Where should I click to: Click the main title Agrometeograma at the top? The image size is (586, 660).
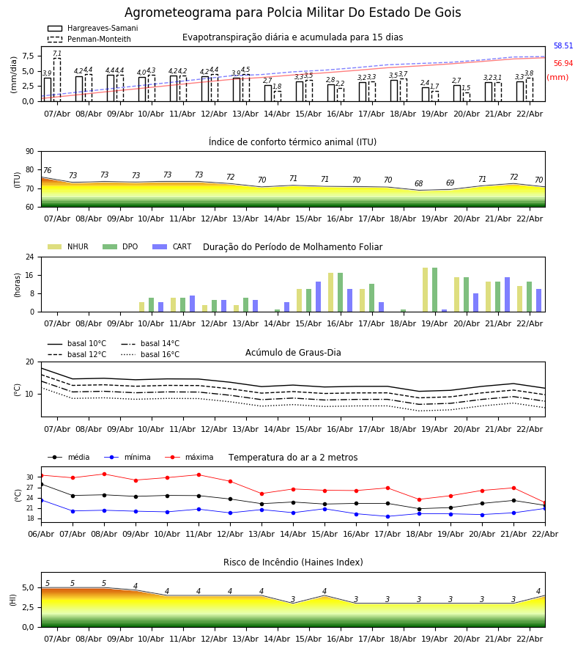coord(292,13)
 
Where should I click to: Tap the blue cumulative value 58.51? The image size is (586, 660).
coord(563,46)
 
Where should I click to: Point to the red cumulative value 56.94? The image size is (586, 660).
coord(563,64)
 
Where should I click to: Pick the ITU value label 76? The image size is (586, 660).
coord(47,171)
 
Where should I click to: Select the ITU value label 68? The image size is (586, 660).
coord(418,184)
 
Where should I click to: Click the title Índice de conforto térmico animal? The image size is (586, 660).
coord(292,142)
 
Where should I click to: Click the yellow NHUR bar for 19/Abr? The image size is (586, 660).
coord(425,290)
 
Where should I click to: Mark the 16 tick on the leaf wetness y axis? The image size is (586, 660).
coord(32,275)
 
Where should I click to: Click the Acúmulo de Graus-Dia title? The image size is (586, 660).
coord(293,353)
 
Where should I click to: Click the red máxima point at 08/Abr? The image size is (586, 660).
coord(104,474)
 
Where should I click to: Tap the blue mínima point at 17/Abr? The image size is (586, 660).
coord(387,516)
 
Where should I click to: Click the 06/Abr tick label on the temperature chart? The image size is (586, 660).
coord(41,533)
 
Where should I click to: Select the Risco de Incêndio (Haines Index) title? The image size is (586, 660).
coord(293,562)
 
